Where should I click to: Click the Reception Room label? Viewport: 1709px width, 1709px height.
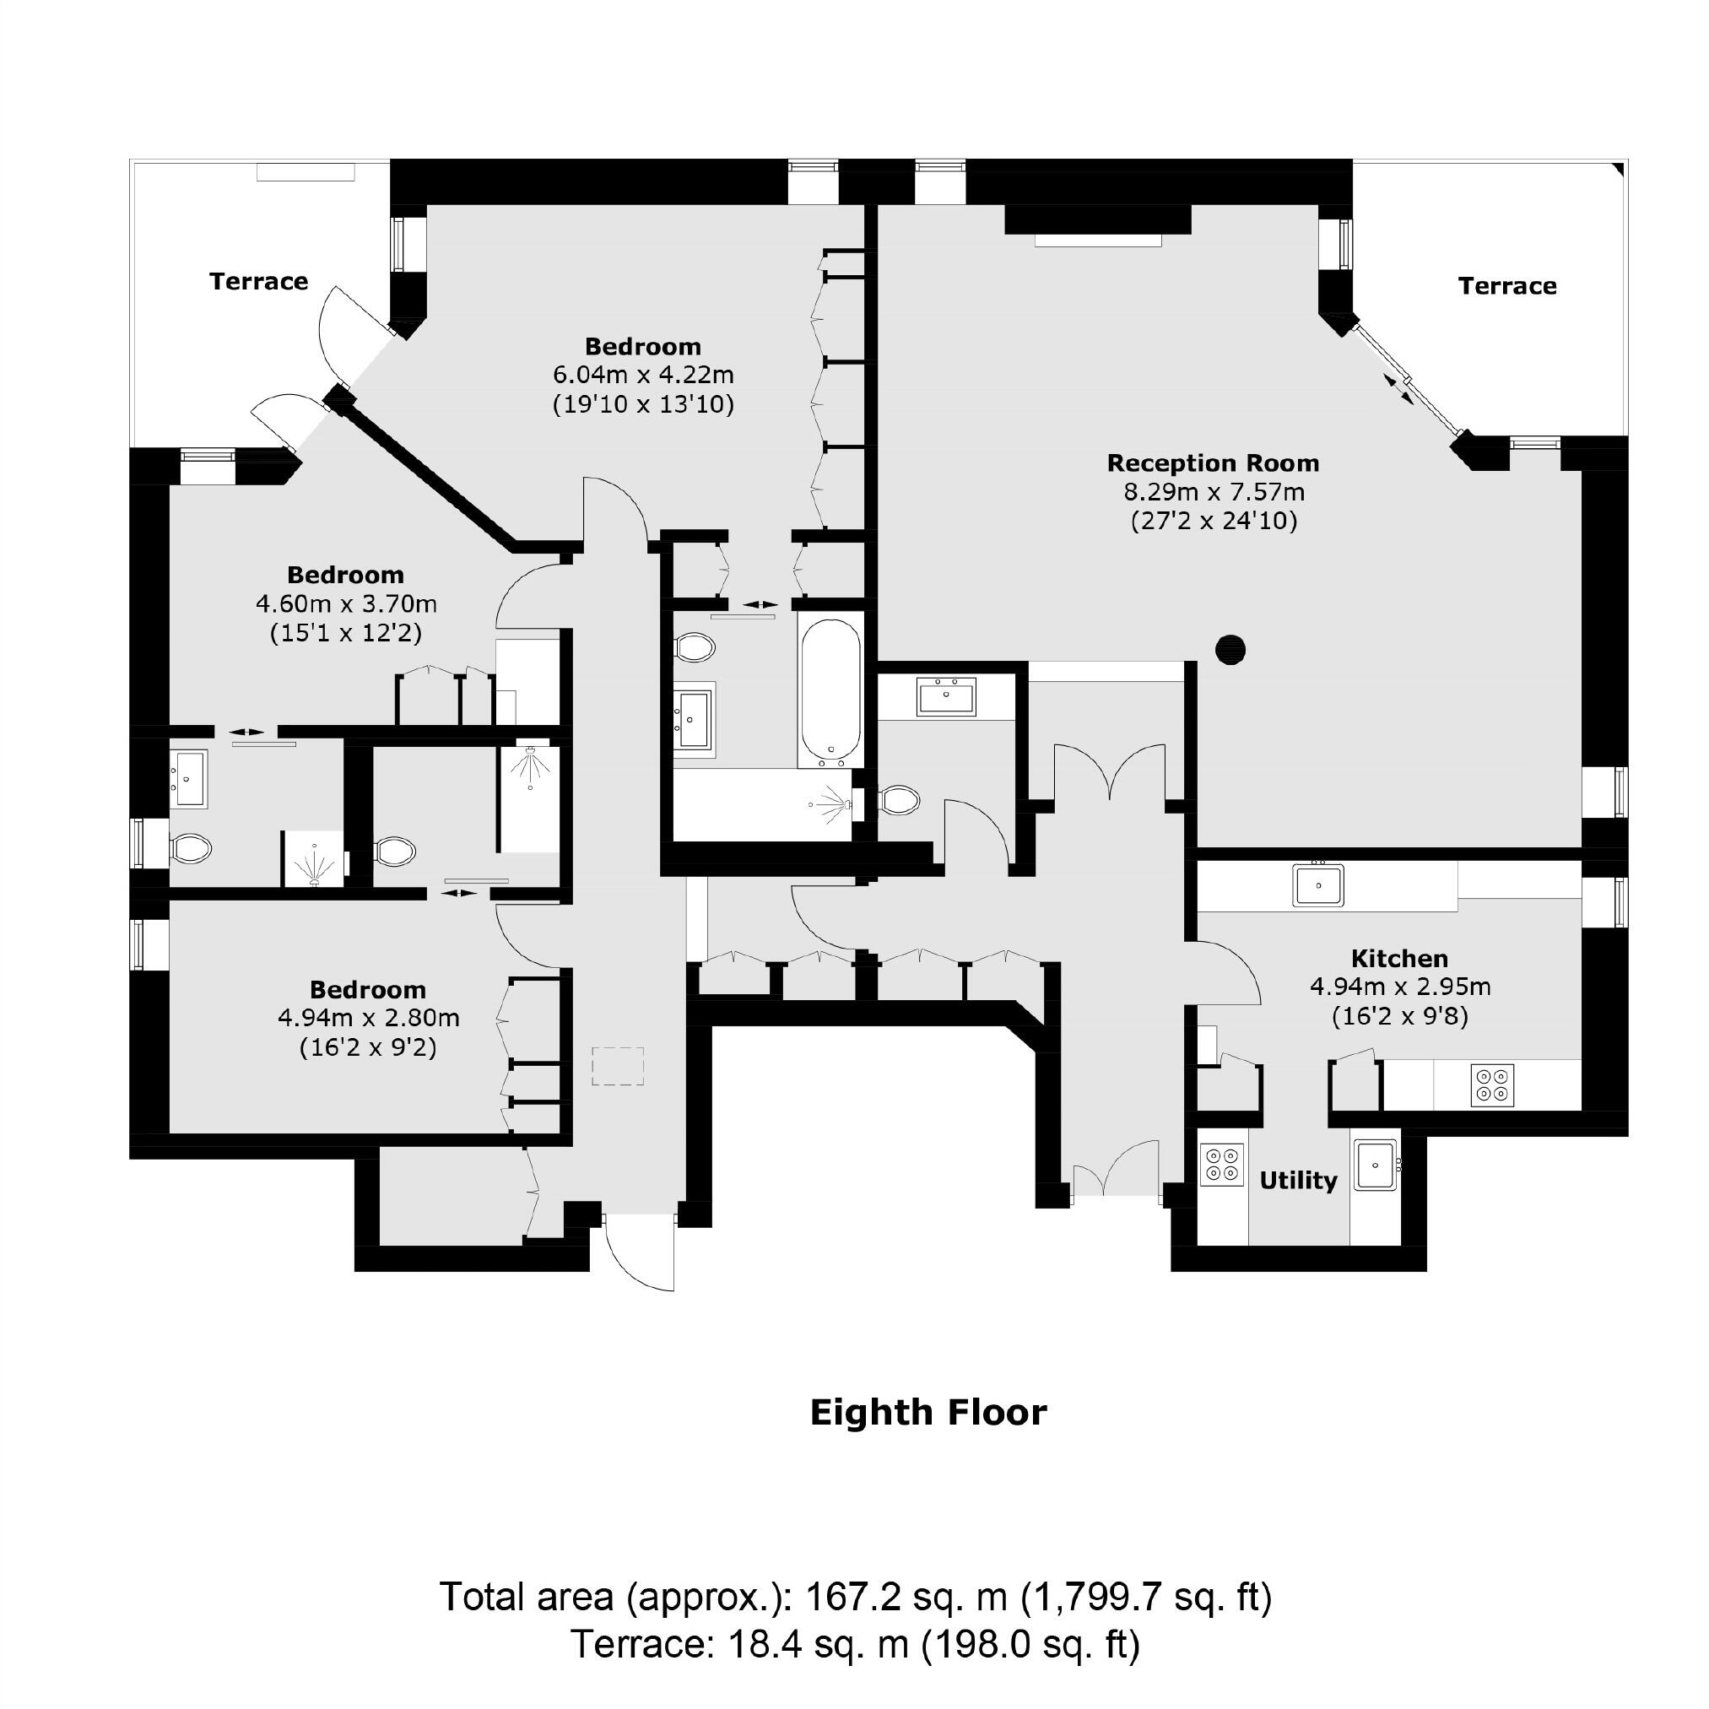click(x=1213, y=463)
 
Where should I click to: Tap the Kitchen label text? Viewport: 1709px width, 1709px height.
click(x=1399, y=958)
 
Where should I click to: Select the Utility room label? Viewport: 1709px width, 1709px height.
click(x=1298, y=1180)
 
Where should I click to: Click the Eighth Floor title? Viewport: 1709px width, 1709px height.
click(x=928, y=1413)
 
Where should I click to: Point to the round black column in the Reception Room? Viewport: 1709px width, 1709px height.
click(x=1230, y=650)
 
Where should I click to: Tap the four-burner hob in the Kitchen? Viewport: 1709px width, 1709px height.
click(x=1492, y=1085)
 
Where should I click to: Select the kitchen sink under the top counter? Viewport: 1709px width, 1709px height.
click(x=1318, y=885)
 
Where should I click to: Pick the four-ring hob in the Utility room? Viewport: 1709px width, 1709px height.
click(x=1221, y=1164)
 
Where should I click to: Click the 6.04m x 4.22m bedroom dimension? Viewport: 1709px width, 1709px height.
click(x=643, y=375)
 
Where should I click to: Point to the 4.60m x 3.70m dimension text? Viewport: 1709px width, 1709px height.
click(x=346, y=604)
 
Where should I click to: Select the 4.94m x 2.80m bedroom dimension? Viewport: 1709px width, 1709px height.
click(x=368, y=1018)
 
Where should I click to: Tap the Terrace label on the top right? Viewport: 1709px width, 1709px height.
click(x=1507, y=286)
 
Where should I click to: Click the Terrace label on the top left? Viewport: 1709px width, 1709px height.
click(x=258, y=281)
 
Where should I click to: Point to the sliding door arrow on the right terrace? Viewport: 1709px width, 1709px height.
click(x=1398, y=388)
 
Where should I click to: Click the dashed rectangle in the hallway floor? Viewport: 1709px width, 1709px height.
click(x=618, y=1066)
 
